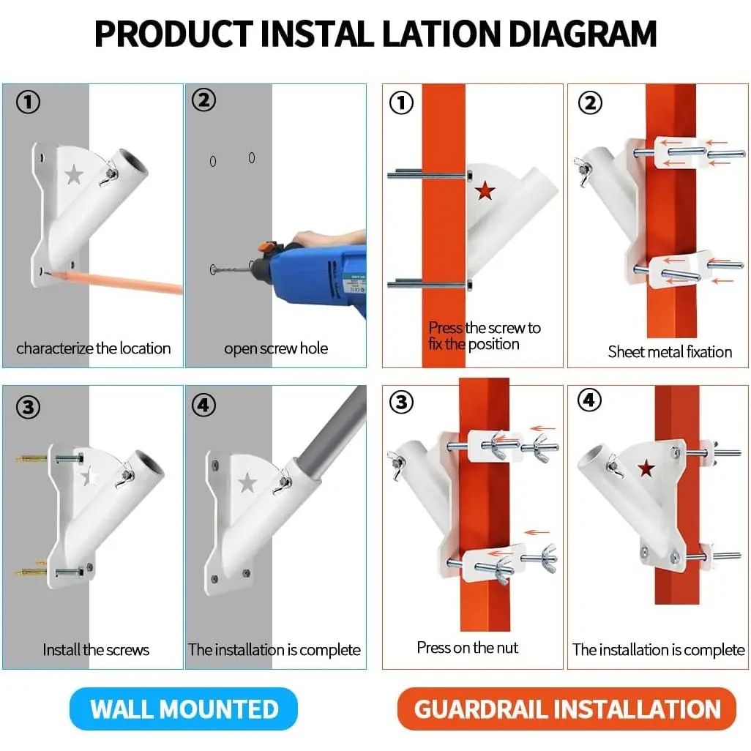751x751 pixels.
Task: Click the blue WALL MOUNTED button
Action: tap(184, 709)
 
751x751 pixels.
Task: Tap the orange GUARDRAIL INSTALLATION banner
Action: tap(567, 709)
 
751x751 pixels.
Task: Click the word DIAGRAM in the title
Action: tap(583, 34)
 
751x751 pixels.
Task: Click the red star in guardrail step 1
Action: tap(485, 190)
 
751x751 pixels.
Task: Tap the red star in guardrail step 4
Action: tap(646, 468)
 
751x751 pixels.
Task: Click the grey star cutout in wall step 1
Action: tap(74, 174)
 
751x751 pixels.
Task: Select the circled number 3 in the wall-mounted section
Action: tap(28, 407)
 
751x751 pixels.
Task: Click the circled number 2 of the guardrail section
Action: tap(590, 103)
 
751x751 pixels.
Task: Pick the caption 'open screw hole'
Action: tap(276, 348)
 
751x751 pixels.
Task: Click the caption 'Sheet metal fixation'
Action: tap(670, 352)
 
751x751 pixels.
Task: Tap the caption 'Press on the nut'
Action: tap(468, 648)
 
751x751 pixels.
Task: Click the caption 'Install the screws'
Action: tap(96, 649)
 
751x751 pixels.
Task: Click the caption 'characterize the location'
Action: tap(94, 348)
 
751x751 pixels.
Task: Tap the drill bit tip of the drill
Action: tap(212, 269)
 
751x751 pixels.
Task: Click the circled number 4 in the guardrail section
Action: tap(589, 400)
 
